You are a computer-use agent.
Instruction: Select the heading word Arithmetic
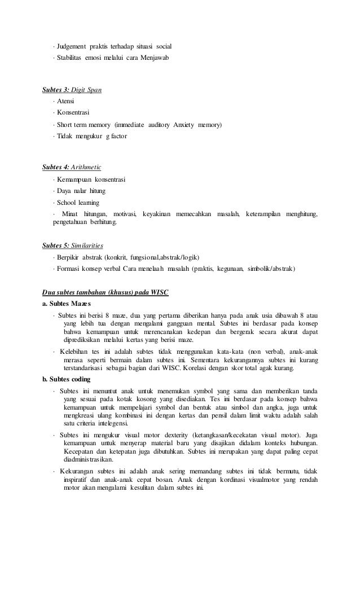(x=86, y=168)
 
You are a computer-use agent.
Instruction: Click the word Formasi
(x=70, y=269)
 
